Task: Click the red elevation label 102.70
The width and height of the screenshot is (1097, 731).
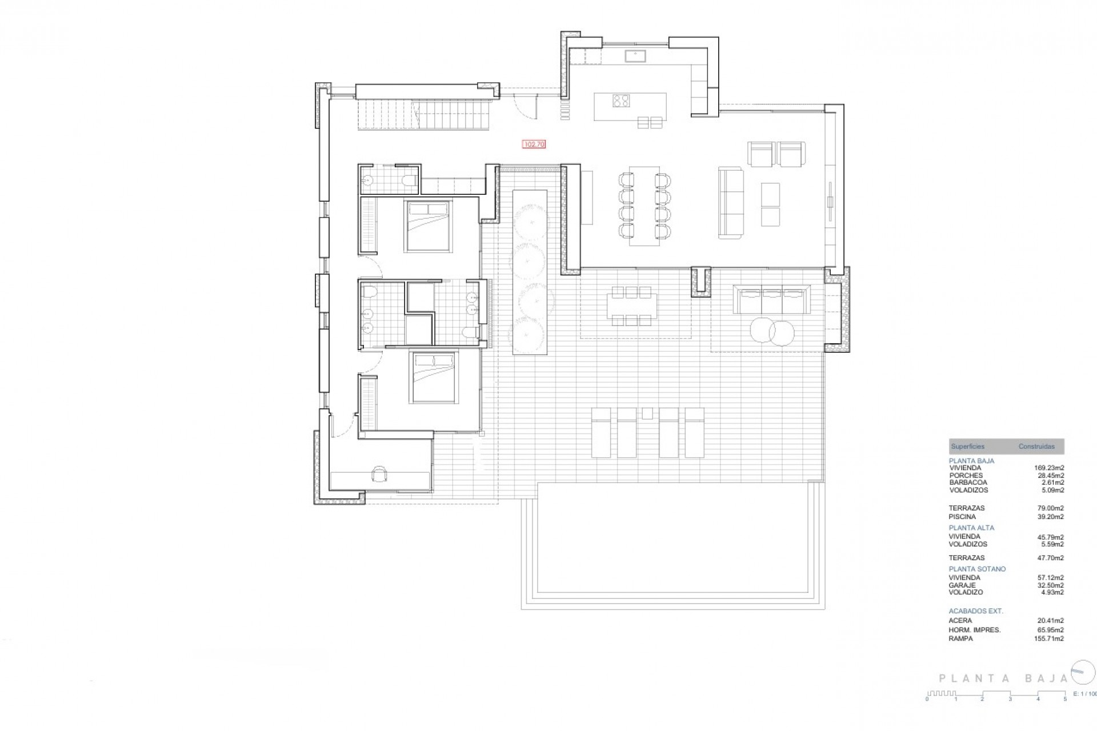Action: click(534, 144)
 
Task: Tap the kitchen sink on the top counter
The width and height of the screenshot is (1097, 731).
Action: click(635, 55)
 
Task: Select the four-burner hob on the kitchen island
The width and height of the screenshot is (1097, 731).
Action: click(621, 101)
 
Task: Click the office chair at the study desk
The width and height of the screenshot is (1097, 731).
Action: click(379, 473)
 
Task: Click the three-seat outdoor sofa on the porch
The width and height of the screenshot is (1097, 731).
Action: click(772, 299)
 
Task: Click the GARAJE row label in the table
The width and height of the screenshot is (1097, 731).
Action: click(962, 585)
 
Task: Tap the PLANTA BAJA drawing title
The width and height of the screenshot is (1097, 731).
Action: click(1003, 679)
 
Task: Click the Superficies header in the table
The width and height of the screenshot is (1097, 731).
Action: click(968, 447)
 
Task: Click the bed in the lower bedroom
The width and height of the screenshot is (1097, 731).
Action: click(434, 377)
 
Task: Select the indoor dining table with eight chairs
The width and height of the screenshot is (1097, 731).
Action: click(644, 206)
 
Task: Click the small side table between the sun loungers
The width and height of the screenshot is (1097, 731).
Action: click(647, 413)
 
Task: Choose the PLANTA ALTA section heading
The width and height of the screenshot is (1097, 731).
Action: click(971, 528)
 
